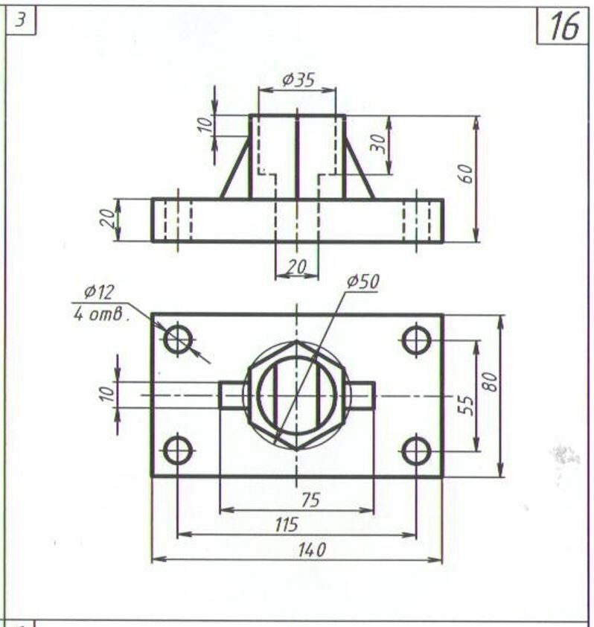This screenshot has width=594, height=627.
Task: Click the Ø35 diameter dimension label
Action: coord(298,80)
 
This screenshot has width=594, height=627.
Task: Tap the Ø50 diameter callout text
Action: coord(363,282)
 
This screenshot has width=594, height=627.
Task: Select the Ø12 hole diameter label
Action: coord(99,293)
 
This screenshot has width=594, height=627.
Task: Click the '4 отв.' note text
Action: coord(101,314)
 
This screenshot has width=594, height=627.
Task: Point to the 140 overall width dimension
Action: coord(312,550)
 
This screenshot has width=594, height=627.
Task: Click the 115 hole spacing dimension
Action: coord(287,525)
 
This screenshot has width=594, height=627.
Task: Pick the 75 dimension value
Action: coord(310,500)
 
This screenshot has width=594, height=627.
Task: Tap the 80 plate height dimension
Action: coord(490,382)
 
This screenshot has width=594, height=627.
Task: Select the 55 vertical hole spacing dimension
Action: coord(466,406)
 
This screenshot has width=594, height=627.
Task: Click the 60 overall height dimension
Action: coord(465,174)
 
